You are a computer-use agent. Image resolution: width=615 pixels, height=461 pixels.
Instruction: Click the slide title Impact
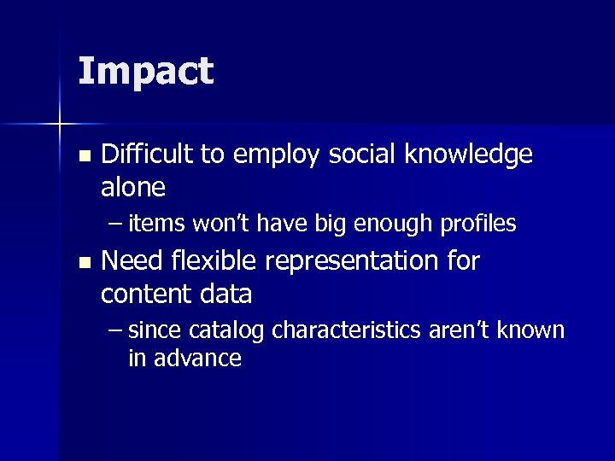pyautogui.click(x=145, y=72)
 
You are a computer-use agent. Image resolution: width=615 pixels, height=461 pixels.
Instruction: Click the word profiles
pyautogui.click(x=478, y=224)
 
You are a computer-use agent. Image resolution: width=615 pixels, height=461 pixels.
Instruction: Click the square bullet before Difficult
pyautogui.click(x=82, y=157)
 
